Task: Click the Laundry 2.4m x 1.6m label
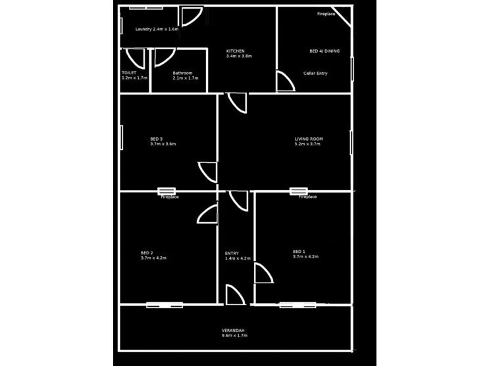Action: [157, 30]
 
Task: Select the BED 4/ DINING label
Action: [324, 51]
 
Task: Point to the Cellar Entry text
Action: [315, 73]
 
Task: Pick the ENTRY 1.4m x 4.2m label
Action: [238, 256]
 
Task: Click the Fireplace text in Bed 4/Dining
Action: [326, 13]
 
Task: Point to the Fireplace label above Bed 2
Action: [170, 197]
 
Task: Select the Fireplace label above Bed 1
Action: [307, 197]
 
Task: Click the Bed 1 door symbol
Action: [263, 273]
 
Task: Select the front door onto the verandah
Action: [234, 295]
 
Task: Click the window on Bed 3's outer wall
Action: [122, 138]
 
